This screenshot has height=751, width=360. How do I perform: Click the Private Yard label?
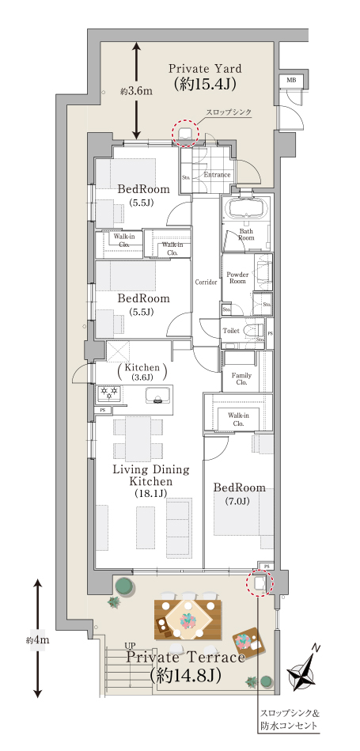pos(205,69)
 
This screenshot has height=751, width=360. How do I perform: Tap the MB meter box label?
pos(291,79)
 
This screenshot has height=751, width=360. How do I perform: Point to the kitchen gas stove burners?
pos(108,393)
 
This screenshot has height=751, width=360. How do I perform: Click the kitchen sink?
pos(159,394)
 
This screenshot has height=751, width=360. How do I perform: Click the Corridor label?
pos(207,282)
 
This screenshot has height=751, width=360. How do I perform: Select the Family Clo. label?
pos(241,379)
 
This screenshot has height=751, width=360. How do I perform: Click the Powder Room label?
pos(237,278)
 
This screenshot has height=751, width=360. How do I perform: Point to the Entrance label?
pos(217,175)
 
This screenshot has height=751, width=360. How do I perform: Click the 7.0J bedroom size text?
pos(237,502)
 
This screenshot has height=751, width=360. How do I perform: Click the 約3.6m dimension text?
pos(136,91)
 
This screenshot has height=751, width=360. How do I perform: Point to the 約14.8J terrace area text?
pos(184,675)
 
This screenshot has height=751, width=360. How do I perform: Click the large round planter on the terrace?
pos(125,585)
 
